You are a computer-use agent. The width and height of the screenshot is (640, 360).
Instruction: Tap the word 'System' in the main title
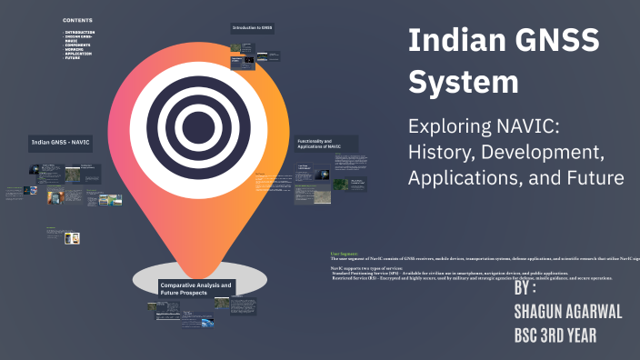[464, 82]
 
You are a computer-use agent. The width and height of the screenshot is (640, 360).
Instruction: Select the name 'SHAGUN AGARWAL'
[567, 312]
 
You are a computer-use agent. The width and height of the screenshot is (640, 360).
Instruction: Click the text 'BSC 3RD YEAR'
[555, 335]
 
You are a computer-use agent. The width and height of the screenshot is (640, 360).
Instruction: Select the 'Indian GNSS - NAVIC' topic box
[61, 143]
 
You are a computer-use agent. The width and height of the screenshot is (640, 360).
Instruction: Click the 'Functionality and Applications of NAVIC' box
[325, 144]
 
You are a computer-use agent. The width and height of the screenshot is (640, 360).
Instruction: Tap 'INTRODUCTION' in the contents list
[80, 32]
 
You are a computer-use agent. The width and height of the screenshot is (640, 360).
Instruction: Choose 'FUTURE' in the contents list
[73, 58]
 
